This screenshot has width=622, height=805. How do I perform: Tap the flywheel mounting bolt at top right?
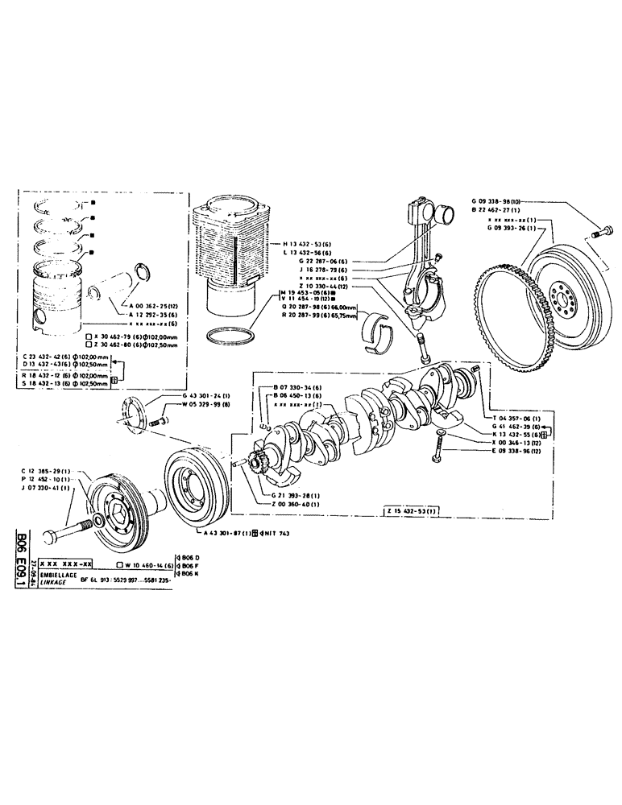(598, 233)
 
